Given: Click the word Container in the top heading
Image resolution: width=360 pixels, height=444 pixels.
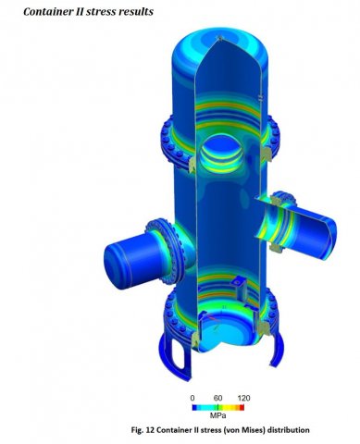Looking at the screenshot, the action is [43, 11].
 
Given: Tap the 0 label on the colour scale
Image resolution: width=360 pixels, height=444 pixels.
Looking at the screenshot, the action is [192, 398].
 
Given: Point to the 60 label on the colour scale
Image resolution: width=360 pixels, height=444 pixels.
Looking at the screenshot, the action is [217, 398].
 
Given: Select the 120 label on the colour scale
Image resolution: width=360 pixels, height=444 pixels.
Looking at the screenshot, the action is [243, 398].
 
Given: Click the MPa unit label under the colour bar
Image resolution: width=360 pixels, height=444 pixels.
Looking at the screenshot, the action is [217, 415].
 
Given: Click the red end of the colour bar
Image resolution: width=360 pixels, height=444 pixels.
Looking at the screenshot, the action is [242, 407].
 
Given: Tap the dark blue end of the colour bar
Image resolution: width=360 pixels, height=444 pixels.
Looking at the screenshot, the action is [194, 407].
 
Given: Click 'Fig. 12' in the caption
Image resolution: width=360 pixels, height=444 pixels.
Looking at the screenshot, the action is [143, 430].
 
